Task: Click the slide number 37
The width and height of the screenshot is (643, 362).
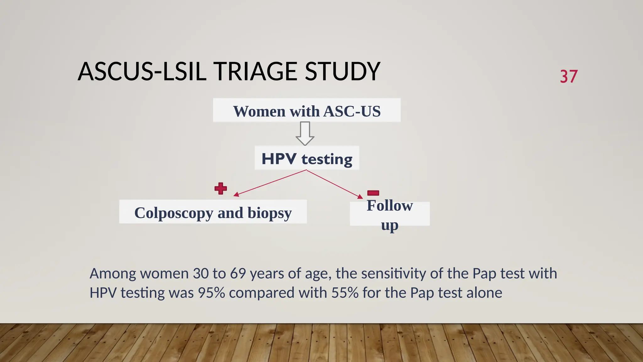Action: pyautogui.click(x=569, y=76)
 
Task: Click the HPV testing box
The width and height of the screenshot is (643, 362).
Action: pyautogui.click(x=307, y=158)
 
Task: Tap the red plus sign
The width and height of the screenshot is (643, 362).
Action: pyautogui.click(x=221, y=188)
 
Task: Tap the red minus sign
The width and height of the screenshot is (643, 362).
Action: pyautogui.click(x=373, y=193)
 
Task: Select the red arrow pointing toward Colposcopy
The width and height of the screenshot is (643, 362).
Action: pyautogui.click(x=270, y=183)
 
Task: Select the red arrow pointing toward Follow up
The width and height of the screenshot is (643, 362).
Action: pyautogui.click(x=335, y=184)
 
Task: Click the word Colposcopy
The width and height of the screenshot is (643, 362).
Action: pyautogui.click(x=173, y=213)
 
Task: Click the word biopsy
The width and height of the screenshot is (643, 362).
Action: pyautogui.click(x=269, y=213)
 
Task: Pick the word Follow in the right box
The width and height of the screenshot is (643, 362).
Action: pyautogui.click(x=390, y=206)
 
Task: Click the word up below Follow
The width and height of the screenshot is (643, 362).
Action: pyautogui.click(x=390, y=225)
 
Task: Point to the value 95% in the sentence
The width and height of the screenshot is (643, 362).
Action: pyautogui.click(x=211, y=293)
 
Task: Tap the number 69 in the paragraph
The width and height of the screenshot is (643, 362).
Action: pyautogui.click(x=238, y=273)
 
